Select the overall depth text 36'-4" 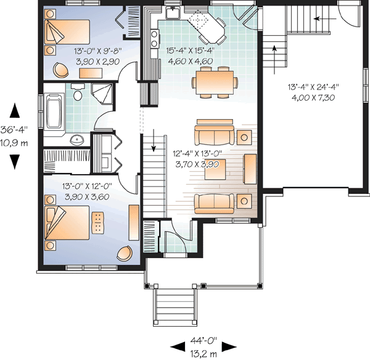15,132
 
